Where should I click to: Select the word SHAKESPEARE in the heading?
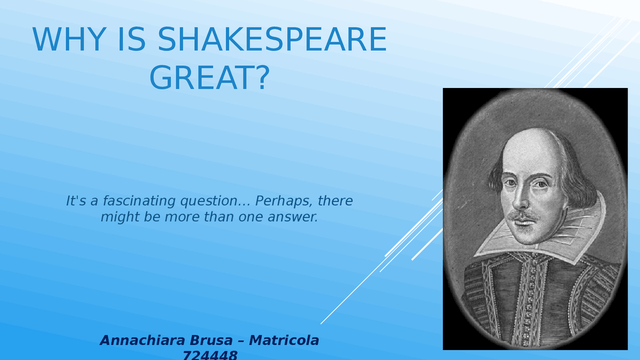click(x=272, y=40)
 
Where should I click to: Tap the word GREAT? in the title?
click(x=209, y=78)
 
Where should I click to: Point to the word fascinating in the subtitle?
click(x=139, y=201)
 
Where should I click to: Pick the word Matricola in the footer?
click(x=284, y=340)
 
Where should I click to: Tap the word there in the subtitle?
click(x=335, y=201)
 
